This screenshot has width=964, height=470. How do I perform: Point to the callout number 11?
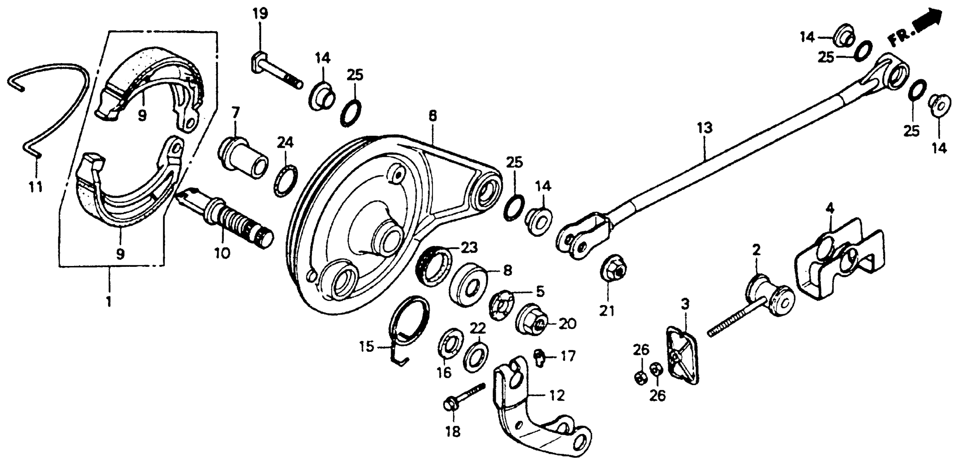point(36,186)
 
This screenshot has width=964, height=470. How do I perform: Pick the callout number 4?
point(830,209)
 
